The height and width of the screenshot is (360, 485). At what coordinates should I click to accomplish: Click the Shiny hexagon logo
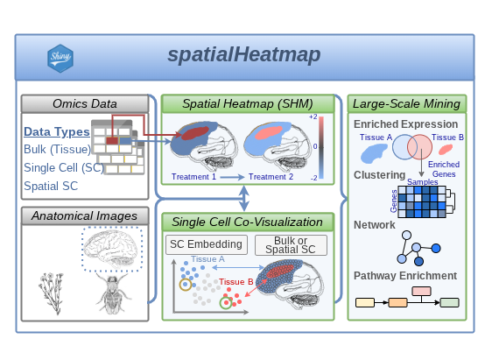pos(60,57)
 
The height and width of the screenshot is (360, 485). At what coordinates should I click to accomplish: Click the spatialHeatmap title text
pos(244,55)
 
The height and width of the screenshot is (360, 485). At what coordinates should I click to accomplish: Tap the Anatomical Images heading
pos(84,215)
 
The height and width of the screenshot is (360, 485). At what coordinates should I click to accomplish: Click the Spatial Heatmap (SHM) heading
pos(248,104)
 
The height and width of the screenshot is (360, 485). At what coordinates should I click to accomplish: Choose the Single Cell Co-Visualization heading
pos(248,222)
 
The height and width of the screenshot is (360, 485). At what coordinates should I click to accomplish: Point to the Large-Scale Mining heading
pos(406,104)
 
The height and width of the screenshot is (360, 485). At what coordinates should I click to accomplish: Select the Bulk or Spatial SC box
pos(291,245)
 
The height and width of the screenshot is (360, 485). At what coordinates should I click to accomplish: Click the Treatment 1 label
pos(193,177)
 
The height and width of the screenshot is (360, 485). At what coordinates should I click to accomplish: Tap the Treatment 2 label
pos(271,177)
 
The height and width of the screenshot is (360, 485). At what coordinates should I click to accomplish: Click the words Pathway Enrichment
pos(404,275)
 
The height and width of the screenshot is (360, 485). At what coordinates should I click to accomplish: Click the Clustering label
pos(380,174)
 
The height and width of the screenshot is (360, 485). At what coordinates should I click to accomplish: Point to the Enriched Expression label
pos(405,125)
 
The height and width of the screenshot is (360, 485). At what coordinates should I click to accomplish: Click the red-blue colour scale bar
pos(322,146)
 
